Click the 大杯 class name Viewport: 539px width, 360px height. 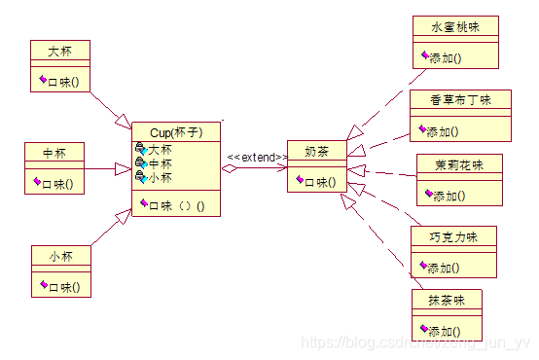click(60, 49)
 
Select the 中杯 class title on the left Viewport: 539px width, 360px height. click(54, 154)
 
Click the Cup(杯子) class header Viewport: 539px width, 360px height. click(175, 132)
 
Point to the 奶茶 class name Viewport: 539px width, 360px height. click(317, 152)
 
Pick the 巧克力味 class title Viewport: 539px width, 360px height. click(454, 236)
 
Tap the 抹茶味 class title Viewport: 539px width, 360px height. click(448, 301)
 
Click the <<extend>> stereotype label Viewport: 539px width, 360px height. click(257, 157)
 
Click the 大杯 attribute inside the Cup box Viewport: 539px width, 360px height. click(159, 150)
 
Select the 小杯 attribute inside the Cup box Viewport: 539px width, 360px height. click(159, 178)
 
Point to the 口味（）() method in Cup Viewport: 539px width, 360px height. click(175, 204)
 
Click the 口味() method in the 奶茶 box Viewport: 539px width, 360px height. click(319, 181)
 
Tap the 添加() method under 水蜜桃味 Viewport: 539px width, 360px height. click(446, 57)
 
